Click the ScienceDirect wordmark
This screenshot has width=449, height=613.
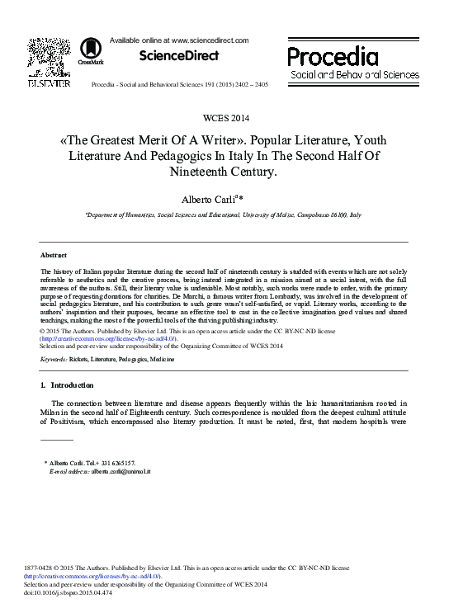[178, 56]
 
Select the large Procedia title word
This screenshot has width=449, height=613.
[333, 56]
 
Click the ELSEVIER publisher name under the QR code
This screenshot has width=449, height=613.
[49, 83]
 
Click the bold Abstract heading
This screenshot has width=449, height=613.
[54, 255]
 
